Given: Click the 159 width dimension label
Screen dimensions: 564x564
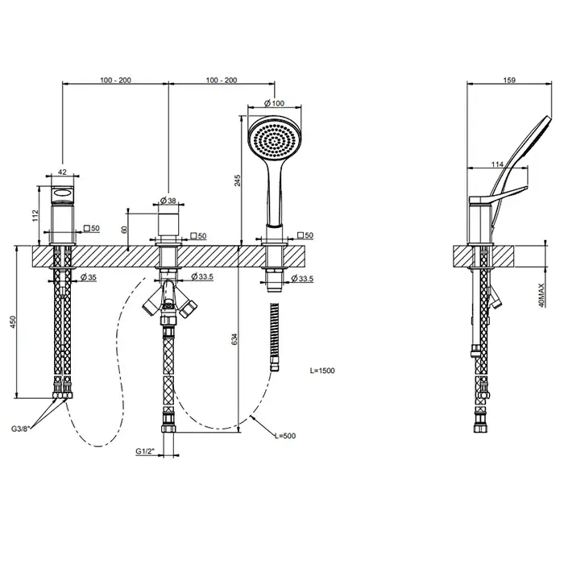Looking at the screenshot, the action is point(509,80).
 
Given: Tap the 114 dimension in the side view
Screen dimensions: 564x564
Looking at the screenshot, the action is point(497,164).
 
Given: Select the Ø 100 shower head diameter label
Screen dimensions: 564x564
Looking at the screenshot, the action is point(274,103).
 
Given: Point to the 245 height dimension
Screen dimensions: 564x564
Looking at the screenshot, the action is point(238,180).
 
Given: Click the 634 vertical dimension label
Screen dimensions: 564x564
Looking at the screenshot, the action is point(234,339).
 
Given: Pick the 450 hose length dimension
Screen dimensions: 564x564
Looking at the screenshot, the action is point(13,322).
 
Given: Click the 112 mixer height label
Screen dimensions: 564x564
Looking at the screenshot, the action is point(35,215).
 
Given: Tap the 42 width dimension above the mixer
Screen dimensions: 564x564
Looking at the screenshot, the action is point(62,172).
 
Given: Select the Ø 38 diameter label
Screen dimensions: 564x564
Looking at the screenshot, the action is point(168,201).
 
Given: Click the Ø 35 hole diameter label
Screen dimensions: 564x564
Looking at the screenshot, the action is point(89,277).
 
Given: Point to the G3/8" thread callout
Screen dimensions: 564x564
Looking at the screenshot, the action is point(21,429).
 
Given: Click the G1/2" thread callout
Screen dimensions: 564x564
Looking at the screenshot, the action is point(145,451).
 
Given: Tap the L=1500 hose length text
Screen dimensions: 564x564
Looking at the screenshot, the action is point(322,371).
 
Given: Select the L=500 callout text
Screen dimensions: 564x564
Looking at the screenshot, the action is point(285,436).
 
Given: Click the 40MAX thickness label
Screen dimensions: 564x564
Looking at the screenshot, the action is point(542,296).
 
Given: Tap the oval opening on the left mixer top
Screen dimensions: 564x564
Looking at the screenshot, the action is point(64,194).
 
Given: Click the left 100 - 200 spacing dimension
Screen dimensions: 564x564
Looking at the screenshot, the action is point(115,80).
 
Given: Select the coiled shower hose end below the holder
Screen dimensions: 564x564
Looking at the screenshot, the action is point(275,337).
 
